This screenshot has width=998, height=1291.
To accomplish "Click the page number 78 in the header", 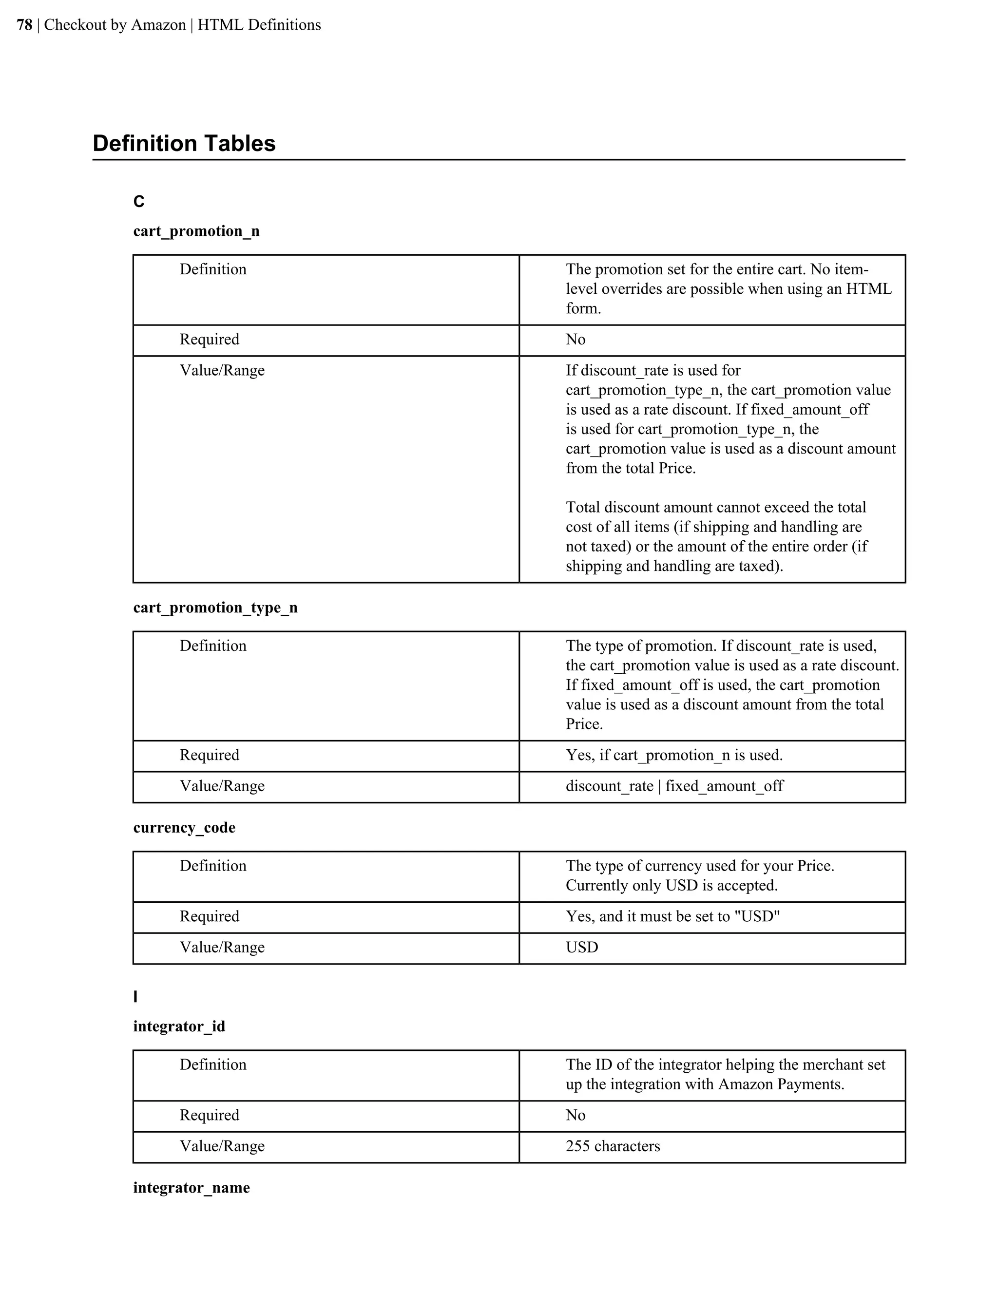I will click(24, 25).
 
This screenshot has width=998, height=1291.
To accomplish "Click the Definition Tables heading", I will click(184, 144).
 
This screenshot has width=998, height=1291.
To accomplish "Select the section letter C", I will click(139, 202).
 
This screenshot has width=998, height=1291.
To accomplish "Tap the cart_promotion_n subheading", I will click(196, 231).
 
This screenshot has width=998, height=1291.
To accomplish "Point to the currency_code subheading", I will click(184, 828).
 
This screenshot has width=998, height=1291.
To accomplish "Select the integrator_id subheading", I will click(179, 1026).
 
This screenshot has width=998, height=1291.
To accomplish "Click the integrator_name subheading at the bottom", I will click(192, 1188).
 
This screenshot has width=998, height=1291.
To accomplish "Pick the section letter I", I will click(136, 997).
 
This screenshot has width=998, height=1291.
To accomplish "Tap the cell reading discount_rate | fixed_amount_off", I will click(674, 786).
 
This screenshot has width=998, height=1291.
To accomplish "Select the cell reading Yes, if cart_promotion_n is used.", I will click(674, 756).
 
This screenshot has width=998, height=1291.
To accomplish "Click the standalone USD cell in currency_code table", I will click(582, 948).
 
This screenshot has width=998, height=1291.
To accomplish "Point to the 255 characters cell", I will click(613, 1146).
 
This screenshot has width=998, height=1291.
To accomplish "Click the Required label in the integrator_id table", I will click(209, 1116).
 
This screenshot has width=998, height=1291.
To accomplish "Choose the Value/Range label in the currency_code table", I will click(222, 948).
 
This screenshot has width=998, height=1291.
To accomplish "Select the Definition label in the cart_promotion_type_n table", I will click(213, 646).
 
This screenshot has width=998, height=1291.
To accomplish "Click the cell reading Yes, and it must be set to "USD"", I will click(672, 917).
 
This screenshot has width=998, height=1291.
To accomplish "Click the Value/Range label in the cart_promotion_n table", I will click(222, 371).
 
